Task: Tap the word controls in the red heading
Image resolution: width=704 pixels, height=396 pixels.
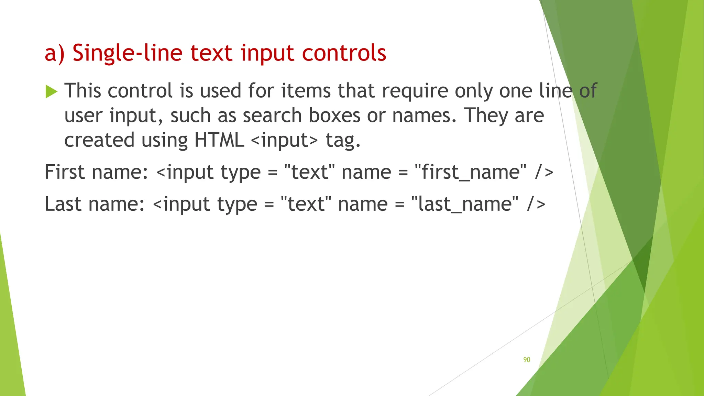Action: tap(344, 53)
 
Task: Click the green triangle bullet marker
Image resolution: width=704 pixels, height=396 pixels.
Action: tap(51, 92)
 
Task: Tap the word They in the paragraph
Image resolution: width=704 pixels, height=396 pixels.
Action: tap(486, 115)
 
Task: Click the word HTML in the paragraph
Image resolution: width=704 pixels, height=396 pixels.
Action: tap(219, 140)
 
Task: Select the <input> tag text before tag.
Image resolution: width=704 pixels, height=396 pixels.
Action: tap(285, 140)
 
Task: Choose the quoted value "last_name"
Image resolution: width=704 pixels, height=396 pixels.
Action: tap(465, 204)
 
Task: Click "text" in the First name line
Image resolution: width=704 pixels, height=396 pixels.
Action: tap(309, 172)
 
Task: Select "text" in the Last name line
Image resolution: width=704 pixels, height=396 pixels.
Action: tap(306, 204)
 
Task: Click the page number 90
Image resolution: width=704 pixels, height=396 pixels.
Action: tap(527, 360)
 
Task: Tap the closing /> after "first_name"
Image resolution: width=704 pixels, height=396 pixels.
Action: tap(544, 172)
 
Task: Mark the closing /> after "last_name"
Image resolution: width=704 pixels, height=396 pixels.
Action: tap(536, 204)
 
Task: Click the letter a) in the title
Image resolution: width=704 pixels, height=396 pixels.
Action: tap(54, 54)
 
